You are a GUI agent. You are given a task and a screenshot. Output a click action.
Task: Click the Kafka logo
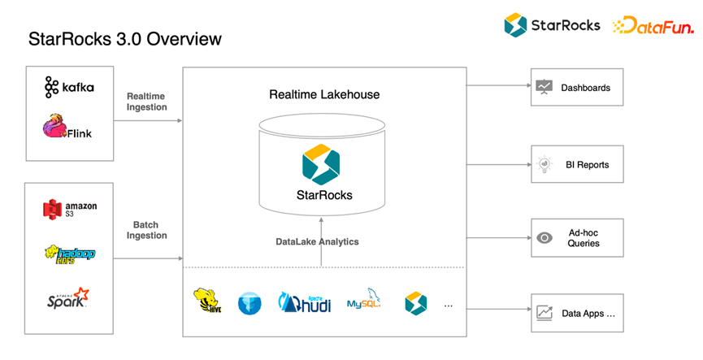coord(69,87)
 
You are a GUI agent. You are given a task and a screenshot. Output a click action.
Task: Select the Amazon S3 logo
coord(70,210)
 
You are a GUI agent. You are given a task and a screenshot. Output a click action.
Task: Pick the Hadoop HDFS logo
coord(70,254)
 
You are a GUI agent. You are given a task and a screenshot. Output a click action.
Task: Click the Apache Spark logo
coord(68,298)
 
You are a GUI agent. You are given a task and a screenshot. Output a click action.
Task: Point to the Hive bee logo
coord(207,301)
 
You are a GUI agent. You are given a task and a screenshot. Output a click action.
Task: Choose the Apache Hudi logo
coord(305,302)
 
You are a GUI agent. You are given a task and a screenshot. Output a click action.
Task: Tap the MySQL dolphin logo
coord(363,298)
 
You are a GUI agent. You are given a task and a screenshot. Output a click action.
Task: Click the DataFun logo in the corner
coord(653,25)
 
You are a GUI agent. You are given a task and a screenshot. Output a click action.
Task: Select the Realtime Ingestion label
coord(146,102)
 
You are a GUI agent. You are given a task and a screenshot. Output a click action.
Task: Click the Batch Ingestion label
coord(146,230)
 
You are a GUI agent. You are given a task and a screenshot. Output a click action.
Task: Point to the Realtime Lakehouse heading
coord(324,94)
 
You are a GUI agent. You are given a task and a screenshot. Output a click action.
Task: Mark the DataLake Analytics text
coord(317,241)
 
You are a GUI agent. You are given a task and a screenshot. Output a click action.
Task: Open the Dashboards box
coord(577,87)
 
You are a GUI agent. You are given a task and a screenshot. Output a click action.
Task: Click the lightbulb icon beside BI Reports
coord(545,164)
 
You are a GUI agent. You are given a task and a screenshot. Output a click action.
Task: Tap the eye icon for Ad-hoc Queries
coord(545,237)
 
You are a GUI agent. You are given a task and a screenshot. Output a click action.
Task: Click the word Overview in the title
coord(184,39)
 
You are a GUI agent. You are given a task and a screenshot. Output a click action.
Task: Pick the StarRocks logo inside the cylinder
coord(321,164)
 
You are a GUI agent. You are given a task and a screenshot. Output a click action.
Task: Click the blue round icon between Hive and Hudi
coord(250,303)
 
